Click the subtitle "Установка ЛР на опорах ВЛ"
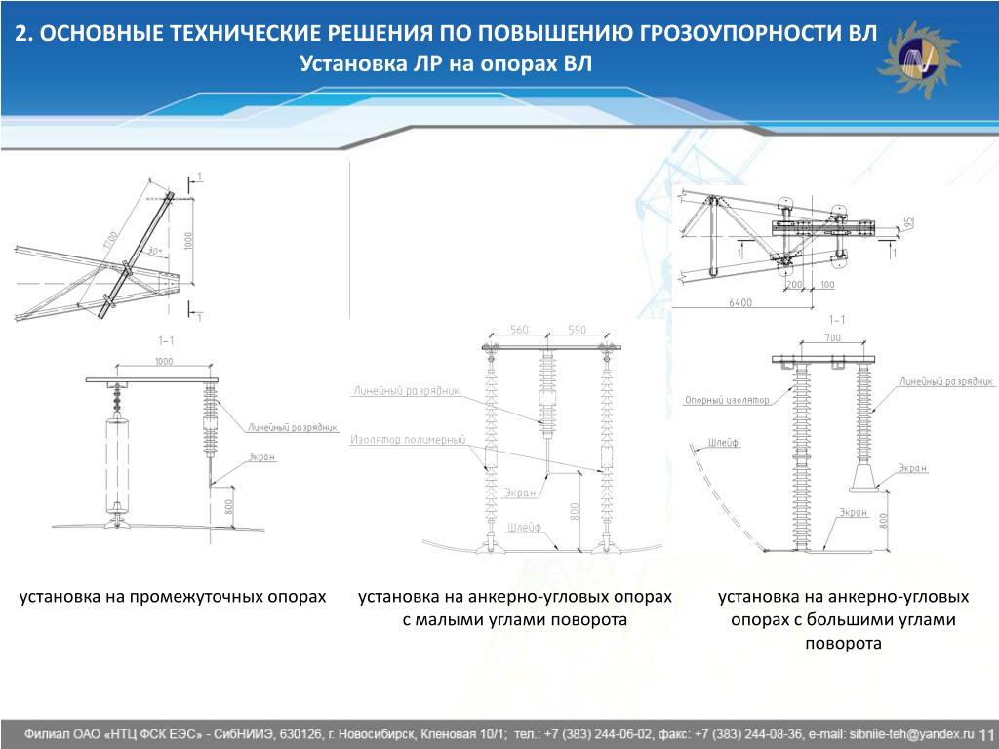click(x=446, y=64)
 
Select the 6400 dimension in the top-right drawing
click(x=740, y=303)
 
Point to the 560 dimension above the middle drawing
click(x=519, y=330)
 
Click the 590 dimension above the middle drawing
click(x=577, y=330)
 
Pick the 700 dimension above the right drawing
click(x=831, y=337)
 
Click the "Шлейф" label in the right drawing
click(x=726, y=443)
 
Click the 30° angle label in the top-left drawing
click(x=152, y=252)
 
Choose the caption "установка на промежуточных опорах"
click(x=173, y=596)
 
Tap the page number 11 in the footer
click(x=985, y=733)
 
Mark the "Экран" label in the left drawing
click(x=260, y=456)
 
